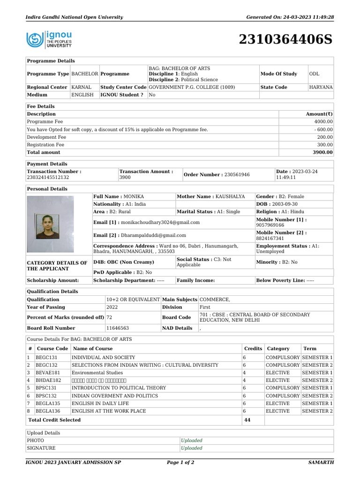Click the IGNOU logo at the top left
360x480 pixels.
coord(49,40)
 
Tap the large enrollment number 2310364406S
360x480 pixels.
coord(285,40)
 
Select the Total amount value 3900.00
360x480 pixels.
coord(323,152)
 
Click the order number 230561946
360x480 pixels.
coord(234,175)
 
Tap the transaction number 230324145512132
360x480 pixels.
coord(48,178)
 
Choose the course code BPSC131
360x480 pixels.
coord(48,388)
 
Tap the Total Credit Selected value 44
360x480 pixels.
coord(247,420)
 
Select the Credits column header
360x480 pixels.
coord(253,349)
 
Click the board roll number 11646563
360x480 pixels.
coord(118,329)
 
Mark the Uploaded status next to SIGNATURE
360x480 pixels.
coord(192,448)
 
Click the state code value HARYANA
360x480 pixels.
coord(321,88)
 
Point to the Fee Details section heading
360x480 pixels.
coord(41,107)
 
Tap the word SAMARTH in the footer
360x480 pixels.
coord(321,463)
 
